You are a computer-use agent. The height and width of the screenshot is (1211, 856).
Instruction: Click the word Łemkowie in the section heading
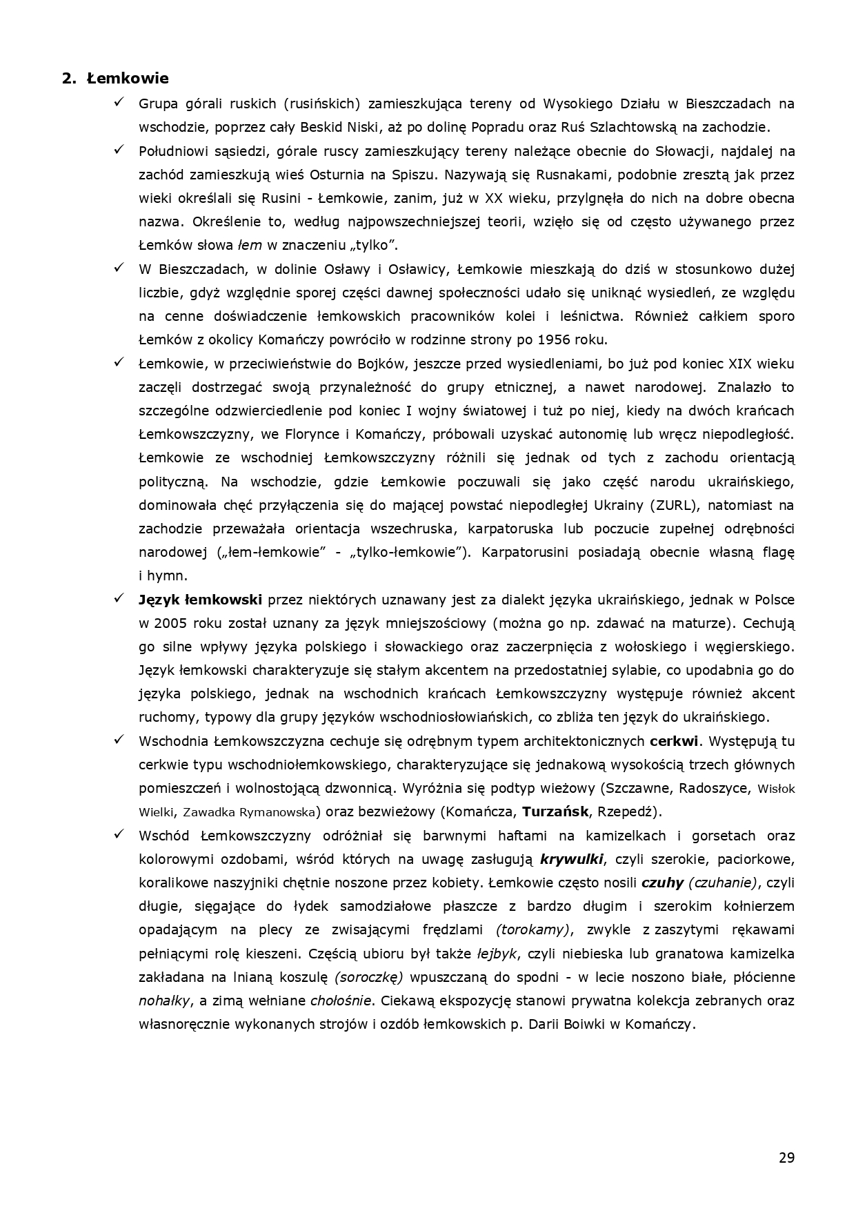pos(128,78)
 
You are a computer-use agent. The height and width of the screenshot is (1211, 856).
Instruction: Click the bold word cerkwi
pos(675,741)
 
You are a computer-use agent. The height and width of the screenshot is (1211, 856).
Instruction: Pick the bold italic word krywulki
pos(573,859)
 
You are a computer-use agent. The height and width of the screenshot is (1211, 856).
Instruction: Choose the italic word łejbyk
pos(497,954)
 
